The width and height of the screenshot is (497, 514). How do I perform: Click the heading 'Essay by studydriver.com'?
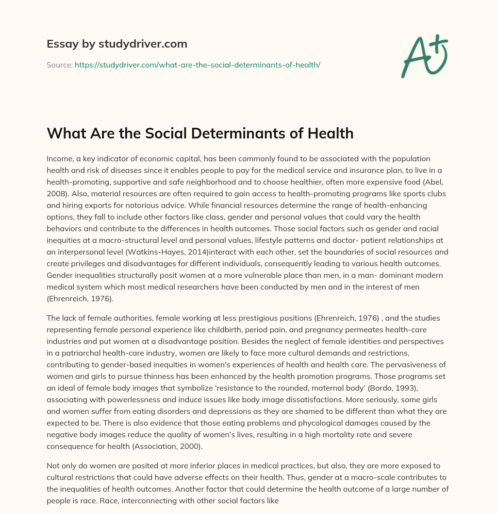[x=117, y=44]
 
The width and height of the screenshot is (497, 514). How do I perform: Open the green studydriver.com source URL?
[x=197, y=64]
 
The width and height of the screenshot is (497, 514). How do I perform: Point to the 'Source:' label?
[x=59, y=64]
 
